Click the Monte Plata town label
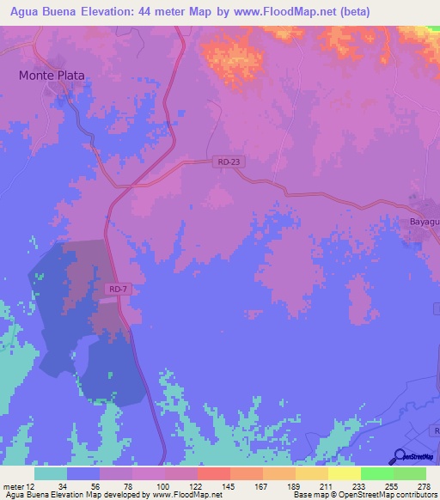[x=52, y=75]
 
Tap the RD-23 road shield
[x=224, y=162]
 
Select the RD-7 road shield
[x=119, y=290]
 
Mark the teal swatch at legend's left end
[x=51, y=473]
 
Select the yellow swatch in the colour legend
[x=344, y=473]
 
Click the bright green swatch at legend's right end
[x=409, y=473]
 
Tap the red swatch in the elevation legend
[x=213, y=473]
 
